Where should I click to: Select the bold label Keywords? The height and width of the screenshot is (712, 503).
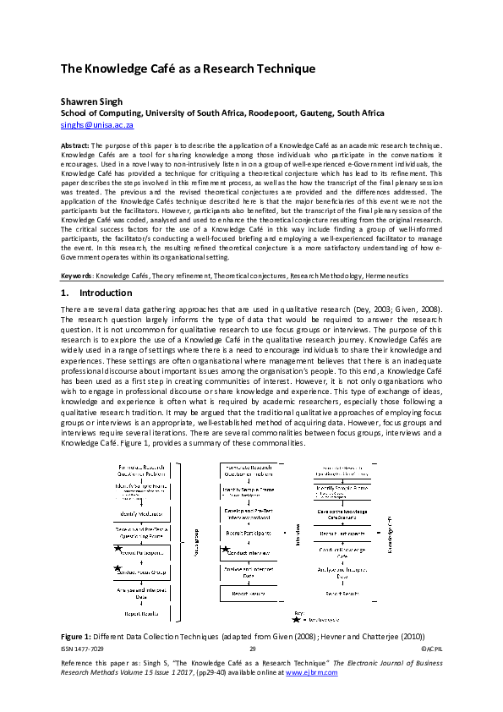pos(76,275)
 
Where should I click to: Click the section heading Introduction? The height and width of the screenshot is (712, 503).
pos(106,293)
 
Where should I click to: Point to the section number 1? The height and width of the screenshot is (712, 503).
pos(64,293)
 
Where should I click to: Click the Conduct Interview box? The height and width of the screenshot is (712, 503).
pos(251,552)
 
